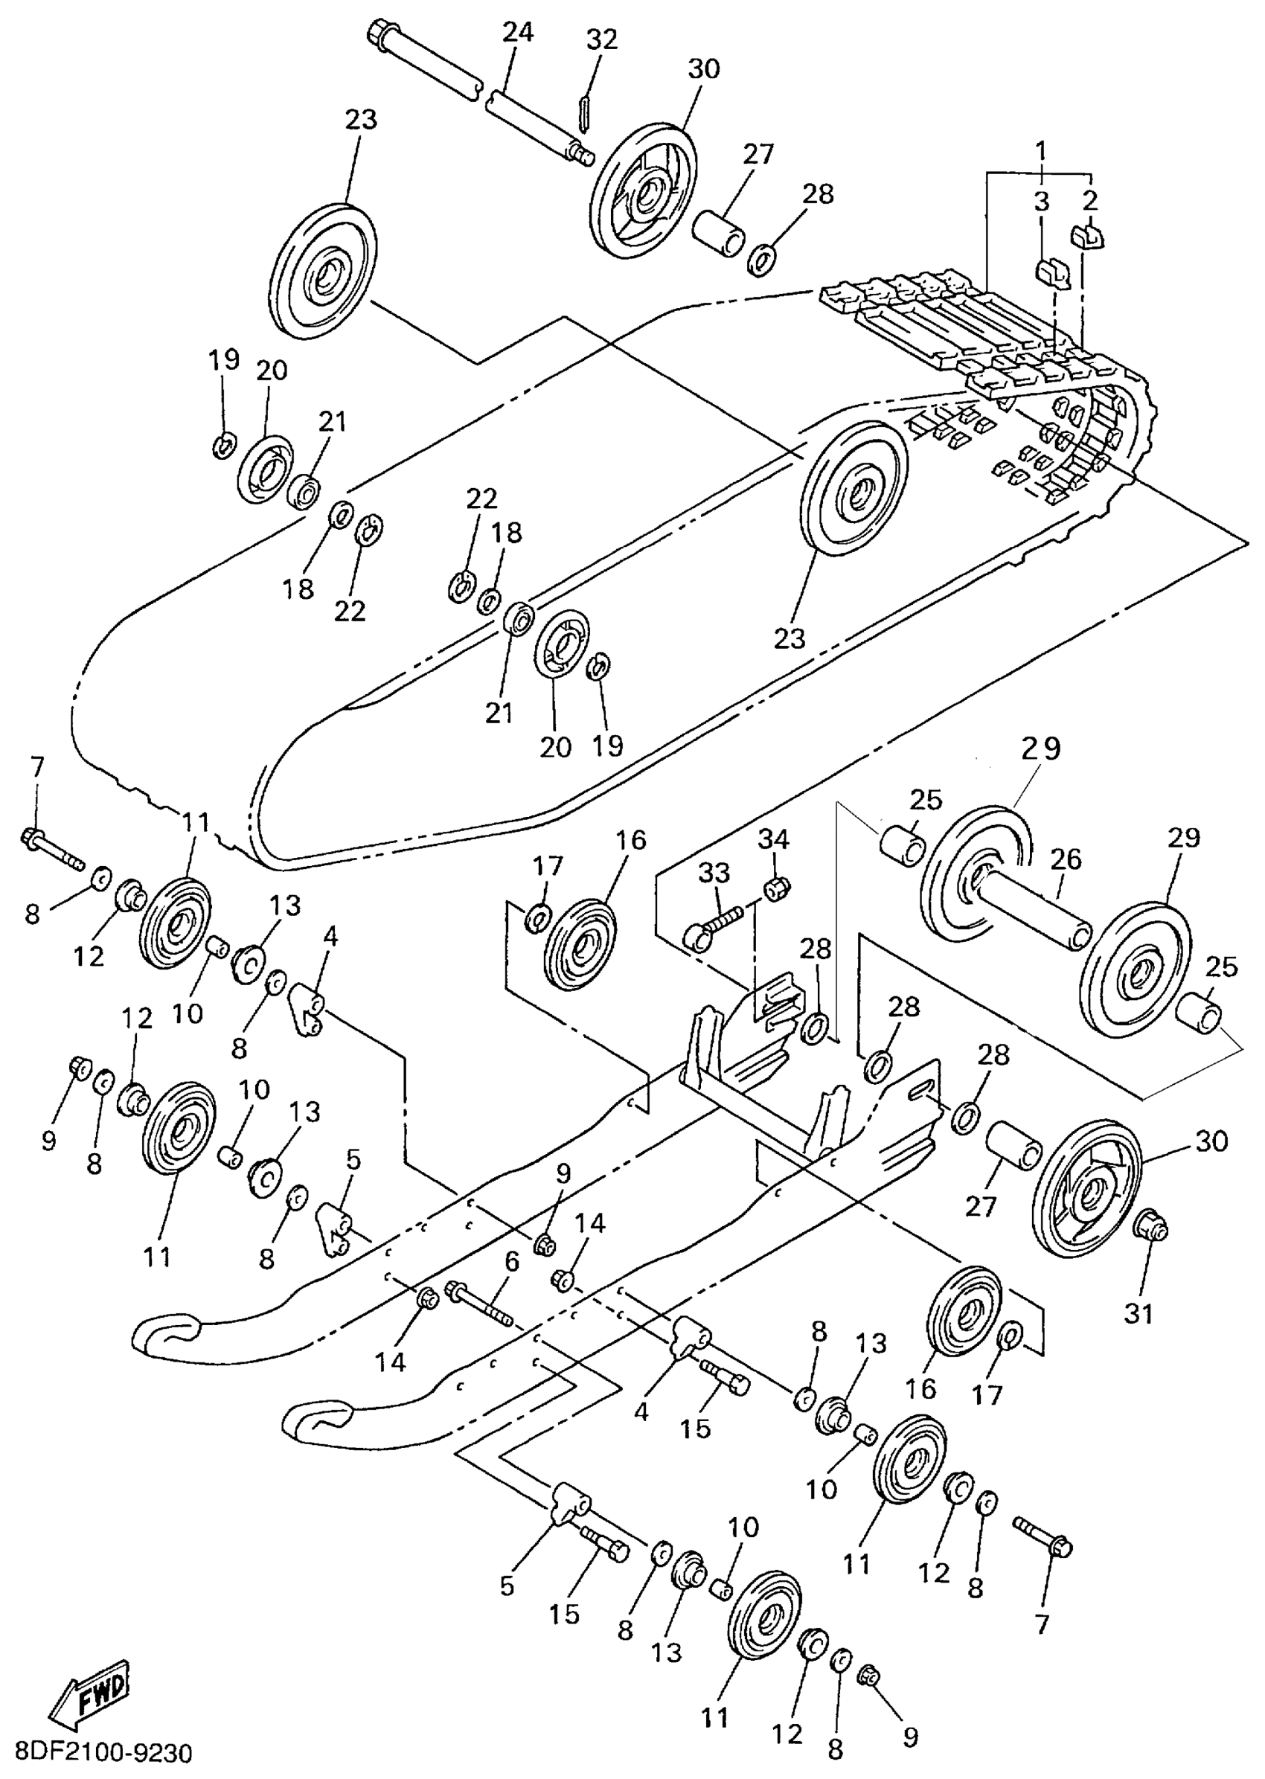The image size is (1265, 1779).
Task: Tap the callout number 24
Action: click(517, 33)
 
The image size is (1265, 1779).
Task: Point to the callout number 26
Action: click(1065, 860)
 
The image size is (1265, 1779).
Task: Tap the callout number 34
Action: click(773, 839)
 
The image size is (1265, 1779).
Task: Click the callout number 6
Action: click(511, 1263)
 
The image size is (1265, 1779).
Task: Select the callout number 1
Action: click(1041, 148)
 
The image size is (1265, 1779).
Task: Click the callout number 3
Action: click(1041, 201)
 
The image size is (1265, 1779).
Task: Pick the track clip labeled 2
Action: click(1092, 236)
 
